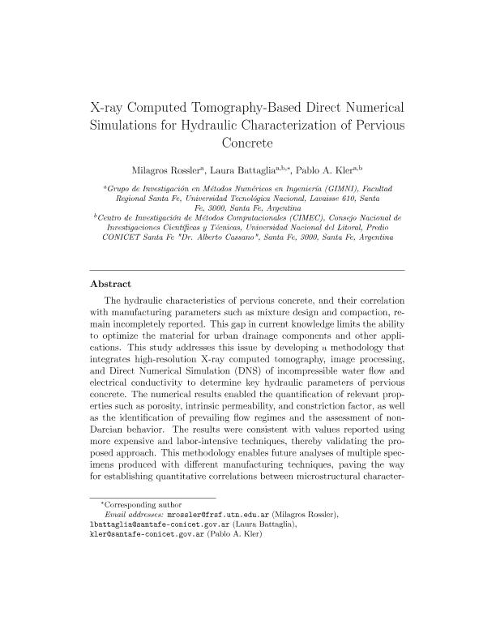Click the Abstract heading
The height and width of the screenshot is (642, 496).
[x=109, y=285]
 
